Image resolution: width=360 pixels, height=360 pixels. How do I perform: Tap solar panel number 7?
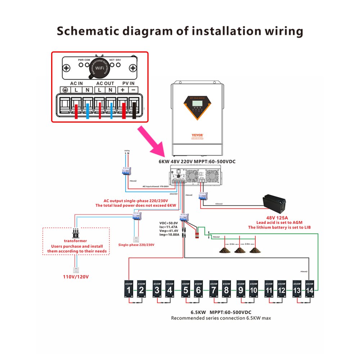214,290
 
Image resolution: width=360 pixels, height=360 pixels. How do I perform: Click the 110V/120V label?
76,277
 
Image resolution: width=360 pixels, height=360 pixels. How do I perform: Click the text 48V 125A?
279,218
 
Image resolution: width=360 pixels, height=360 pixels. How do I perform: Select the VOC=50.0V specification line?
169,223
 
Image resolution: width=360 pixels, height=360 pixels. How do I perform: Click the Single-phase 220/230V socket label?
136,244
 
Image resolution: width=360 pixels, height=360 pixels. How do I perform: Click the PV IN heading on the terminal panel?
129,83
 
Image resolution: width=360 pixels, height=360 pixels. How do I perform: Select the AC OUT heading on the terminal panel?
105,83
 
